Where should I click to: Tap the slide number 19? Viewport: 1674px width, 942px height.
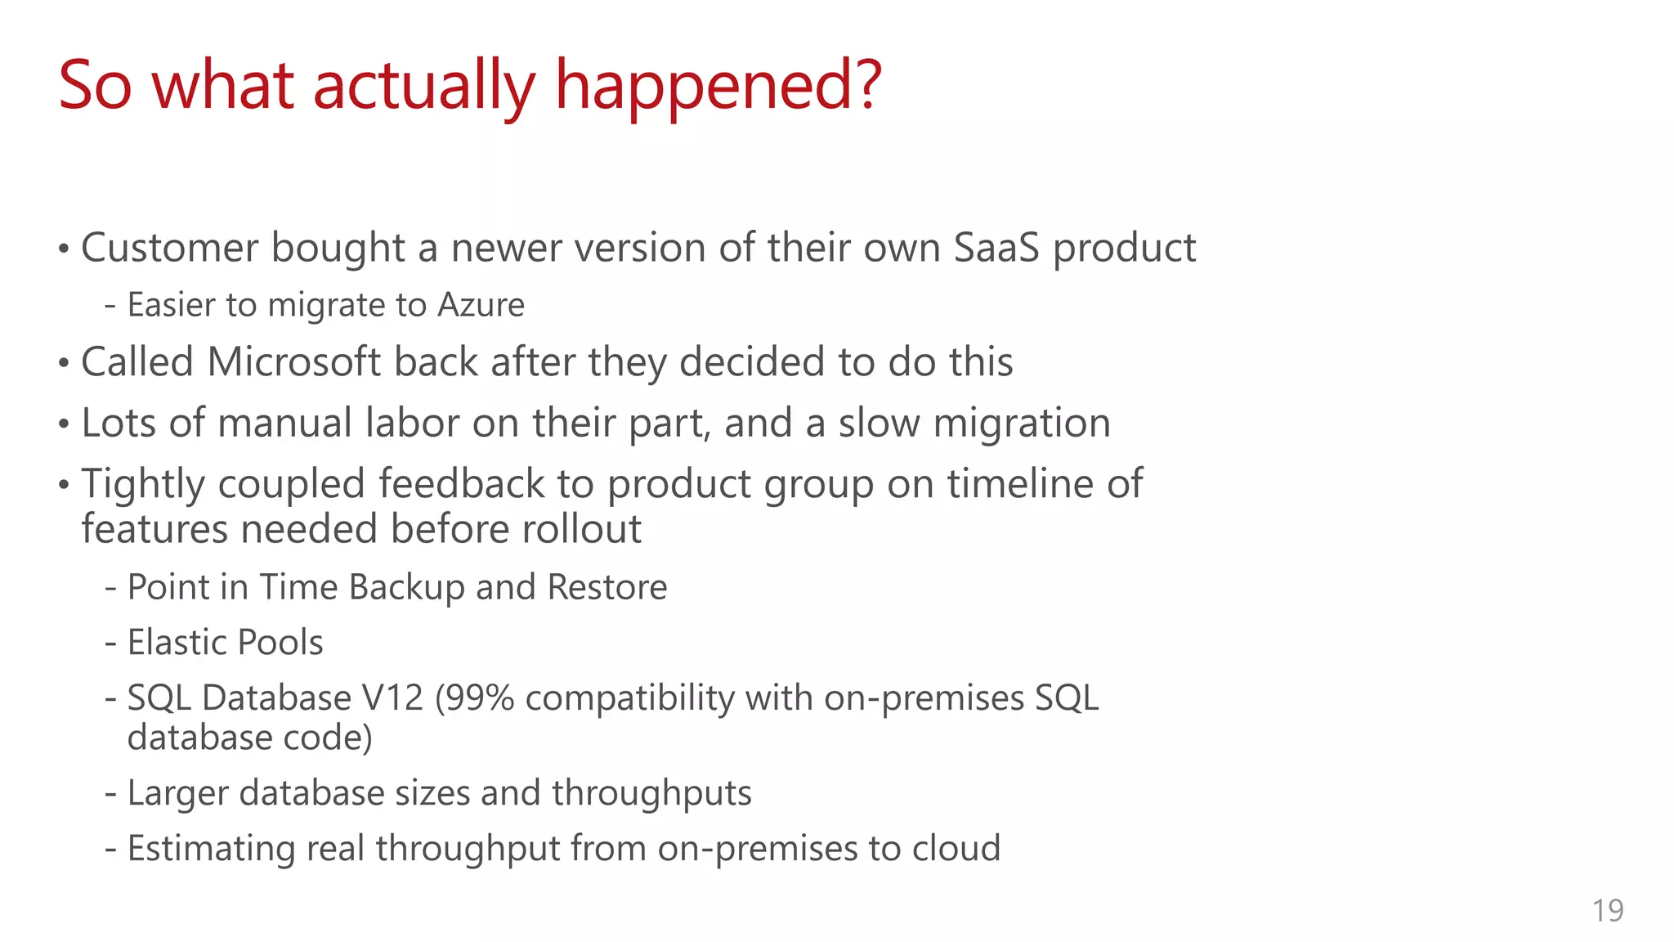[1607, 911]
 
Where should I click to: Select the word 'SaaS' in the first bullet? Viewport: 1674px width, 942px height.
[996, 248]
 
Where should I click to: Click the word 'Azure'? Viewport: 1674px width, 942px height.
[481, 305]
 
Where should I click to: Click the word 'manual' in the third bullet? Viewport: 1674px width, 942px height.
[284, 424]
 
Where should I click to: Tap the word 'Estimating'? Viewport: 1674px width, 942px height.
[211, 849]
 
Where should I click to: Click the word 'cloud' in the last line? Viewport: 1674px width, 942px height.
[956, 849]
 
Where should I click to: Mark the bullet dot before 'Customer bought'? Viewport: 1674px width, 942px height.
[64, 249]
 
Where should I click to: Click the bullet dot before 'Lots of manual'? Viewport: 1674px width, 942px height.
[64, 425]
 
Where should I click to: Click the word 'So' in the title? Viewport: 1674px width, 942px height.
[95, 87]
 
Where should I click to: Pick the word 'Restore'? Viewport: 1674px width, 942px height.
[606, 588]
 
